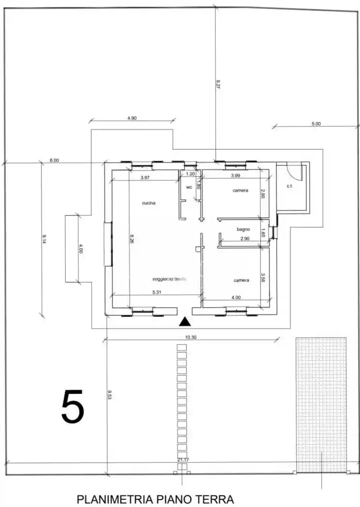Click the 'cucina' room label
(148, 203)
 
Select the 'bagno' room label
(243, 229)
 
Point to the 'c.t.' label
(290, 186)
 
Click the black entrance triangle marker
(185, 322)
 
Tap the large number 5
(72, 407)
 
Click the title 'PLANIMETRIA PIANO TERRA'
(155, 499)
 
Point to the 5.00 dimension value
(316, 124)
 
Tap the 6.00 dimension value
(54, 160)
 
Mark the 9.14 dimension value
(44, 239)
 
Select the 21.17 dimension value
(183, 460)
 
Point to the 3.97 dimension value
(144, 178)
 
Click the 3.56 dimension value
(263, 278)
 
